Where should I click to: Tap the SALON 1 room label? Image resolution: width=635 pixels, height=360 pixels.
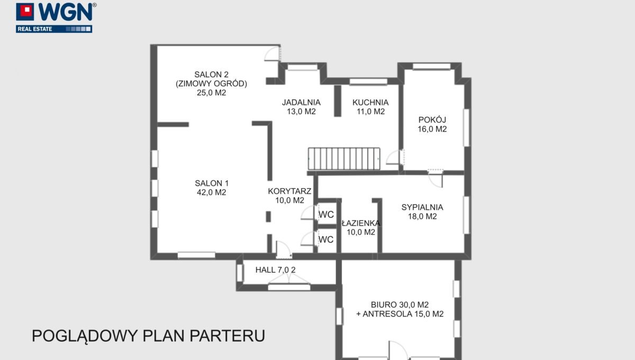(x=211, y=188)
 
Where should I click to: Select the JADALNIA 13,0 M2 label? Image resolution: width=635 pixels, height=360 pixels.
(x=302, y=107)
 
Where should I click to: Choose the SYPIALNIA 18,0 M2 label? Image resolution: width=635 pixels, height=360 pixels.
(x=422, y=212)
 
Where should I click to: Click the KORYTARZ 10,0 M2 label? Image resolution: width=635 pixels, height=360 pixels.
(x=289, y=196)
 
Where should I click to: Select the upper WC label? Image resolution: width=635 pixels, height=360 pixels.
(x=326, y=214)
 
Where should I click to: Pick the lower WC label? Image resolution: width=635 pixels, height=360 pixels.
(x=326, y=239)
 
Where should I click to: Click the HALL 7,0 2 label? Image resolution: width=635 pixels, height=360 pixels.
(x=275, y=270)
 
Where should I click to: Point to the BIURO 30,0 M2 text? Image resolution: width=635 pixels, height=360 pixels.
(x=400, y=304)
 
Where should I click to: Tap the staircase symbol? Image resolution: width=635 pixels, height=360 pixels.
(x=344, y=159)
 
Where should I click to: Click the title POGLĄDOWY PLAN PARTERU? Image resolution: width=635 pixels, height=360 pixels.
(x=148, y=336)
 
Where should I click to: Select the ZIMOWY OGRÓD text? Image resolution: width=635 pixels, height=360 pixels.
(x=211, y=84)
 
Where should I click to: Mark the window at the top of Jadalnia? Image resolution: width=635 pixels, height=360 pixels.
(x=302, y=67)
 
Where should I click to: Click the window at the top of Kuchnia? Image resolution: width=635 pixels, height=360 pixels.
(x=368, y=82)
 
